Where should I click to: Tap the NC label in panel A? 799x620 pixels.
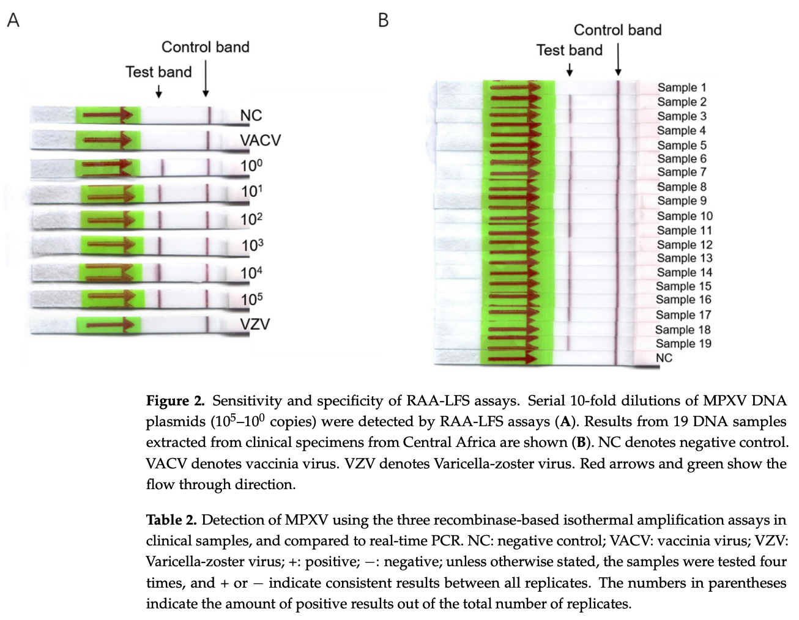click(251, 116)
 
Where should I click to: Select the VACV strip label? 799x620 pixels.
click(261, 140)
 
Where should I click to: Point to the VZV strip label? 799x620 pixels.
click(255, 324)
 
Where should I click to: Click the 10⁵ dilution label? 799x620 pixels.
click(252, 300)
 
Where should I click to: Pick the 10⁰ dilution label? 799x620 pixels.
click(251, 166)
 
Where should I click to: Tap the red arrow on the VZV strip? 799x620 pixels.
click(110, 325)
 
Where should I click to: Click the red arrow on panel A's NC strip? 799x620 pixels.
click(108, 115)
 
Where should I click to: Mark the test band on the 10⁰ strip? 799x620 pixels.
click(163, 168)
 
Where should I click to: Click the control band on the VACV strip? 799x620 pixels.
click(208, 140)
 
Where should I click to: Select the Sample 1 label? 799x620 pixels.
click(682, 87)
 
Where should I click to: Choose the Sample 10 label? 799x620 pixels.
click(685, 216)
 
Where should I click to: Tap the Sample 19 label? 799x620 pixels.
click(683, 344)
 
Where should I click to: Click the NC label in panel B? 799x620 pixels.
click(664, 358)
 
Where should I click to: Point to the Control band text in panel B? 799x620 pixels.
click(618, 30)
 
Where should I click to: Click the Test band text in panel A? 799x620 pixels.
click(158, 72)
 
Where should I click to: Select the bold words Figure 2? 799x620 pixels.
click(176, 400)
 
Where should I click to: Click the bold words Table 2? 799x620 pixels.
click(171, 520)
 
